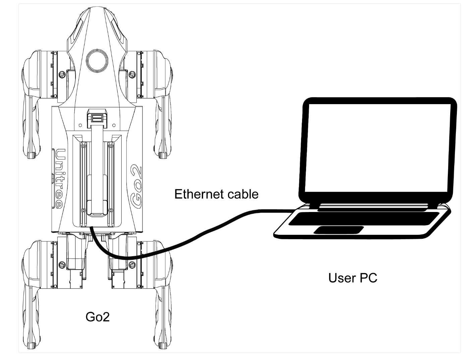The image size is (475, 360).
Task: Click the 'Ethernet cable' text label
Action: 216,194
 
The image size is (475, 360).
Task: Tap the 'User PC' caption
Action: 353,278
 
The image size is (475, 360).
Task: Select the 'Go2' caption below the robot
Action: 98,317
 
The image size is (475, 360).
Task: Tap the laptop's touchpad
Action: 339,230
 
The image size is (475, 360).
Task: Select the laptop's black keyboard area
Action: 364,218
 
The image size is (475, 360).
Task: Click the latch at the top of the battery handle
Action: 97,118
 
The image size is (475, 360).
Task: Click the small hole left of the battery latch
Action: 80,126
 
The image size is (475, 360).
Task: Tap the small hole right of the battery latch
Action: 114,126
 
